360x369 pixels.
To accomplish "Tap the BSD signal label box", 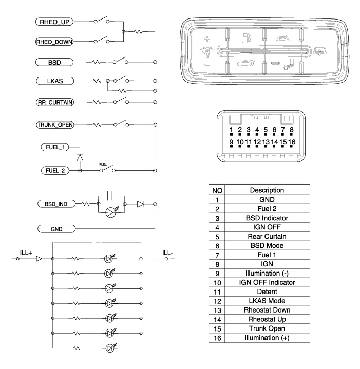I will coord(54,62).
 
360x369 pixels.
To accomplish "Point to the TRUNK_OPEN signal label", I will coord(54,125).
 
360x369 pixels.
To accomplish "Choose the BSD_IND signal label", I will coord(54,204).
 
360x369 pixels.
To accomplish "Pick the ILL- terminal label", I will coord(167,252).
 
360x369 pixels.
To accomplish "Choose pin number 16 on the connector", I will coord(292,141).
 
